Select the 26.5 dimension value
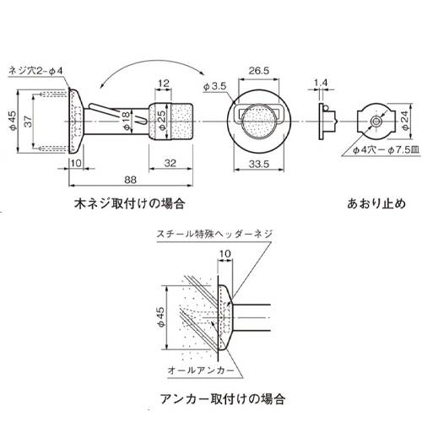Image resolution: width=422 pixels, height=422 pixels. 259,72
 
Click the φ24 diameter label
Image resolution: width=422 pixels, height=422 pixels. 403,122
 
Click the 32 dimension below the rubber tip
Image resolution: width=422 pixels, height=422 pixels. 171,161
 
